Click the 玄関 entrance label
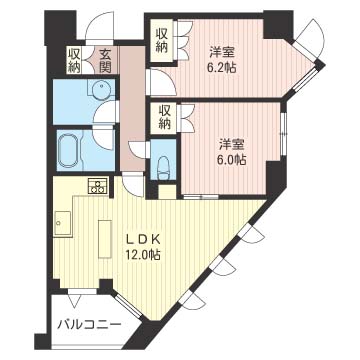pyautogui.click(x=104, y=60)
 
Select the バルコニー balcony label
pyautogui.click(x=88, y=326)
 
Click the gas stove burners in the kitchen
pyautogui.click(x=97, y=185)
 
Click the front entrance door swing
pyautogui.click(x=100, y=28)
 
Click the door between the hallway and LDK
pyautogui.click(x=132, y=186)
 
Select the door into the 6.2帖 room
pyautogui.click(x=154, y=82)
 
